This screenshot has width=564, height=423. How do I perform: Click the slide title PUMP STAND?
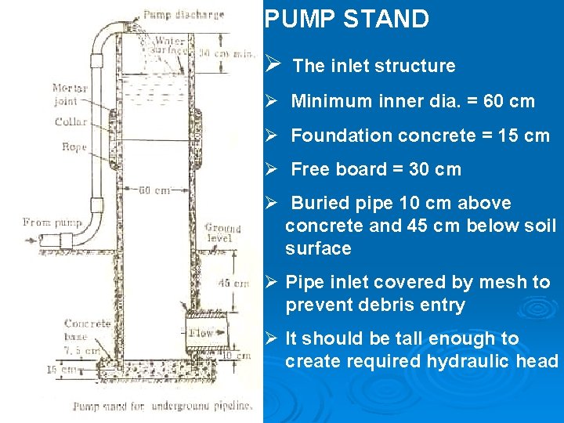click(346, 19)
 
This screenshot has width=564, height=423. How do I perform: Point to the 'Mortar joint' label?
click(70, 94)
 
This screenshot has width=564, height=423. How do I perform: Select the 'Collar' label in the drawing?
click(70, 121)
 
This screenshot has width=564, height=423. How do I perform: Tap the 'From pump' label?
click(48, 222)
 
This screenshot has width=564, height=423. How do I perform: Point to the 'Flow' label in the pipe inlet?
click(201, 333)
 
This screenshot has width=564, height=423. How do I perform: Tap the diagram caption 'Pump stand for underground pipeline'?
click(163, 406)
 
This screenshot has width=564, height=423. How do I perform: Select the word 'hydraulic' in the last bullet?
click(469, 361)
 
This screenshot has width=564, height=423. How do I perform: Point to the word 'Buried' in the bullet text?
click(317, 203)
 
